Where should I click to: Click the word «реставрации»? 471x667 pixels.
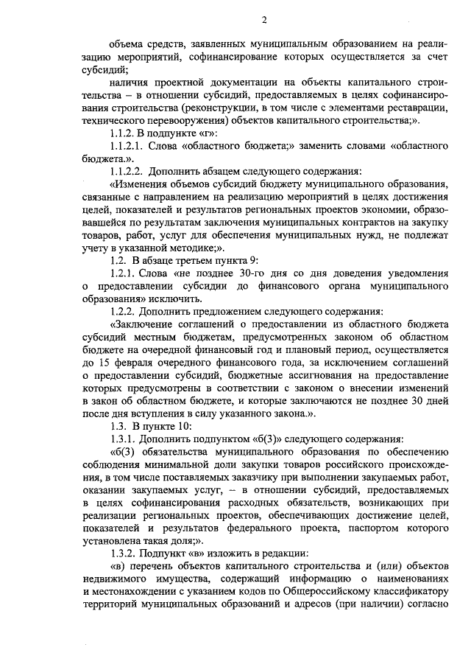420,109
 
